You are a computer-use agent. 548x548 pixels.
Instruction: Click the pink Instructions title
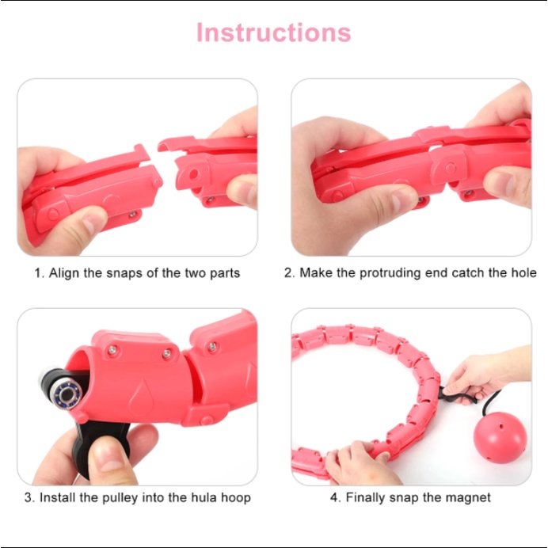[274, 32]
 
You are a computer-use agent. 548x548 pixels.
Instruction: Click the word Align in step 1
[64, 272]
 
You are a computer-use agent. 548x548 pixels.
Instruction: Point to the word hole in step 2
[524, 272]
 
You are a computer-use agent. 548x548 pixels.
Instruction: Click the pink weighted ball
[500, 438]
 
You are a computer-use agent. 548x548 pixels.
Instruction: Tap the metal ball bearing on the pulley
[67, 394]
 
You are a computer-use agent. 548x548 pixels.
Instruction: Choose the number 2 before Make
[287, 272]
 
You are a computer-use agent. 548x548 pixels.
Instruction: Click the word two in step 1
[196, 273]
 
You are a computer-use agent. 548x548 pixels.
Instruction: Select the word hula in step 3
[204, 497]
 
